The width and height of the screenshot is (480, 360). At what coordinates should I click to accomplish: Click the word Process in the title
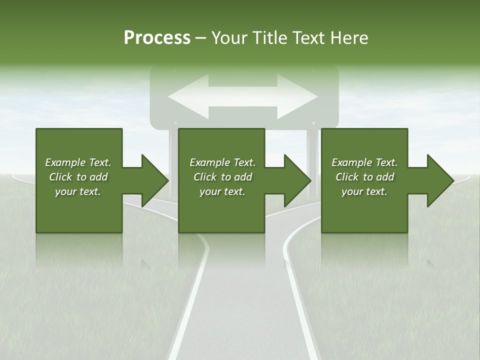click(x=157, y=38)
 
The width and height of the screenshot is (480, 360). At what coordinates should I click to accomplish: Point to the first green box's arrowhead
click(x=153, y=180)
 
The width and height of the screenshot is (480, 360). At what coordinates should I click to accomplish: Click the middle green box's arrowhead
click(x=296, y=180)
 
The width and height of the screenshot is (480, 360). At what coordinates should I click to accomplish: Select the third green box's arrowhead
click(x=439, y=180)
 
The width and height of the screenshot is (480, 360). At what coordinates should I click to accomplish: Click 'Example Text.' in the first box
click(x=78, y=162)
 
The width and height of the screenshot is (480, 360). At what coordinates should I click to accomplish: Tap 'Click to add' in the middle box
click(x=222, y=177)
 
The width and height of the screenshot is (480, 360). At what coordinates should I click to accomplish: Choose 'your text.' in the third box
click(x=364, y=191)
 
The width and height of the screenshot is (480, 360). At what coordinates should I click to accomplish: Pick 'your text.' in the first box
click(x=78, y=191)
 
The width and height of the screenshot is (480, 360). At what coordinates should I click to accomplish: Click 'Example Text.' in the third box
click(x=364, y=162)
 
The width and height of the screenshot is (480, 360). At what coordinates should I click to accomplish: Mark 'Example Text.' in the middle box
click(x=222, y=162)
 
